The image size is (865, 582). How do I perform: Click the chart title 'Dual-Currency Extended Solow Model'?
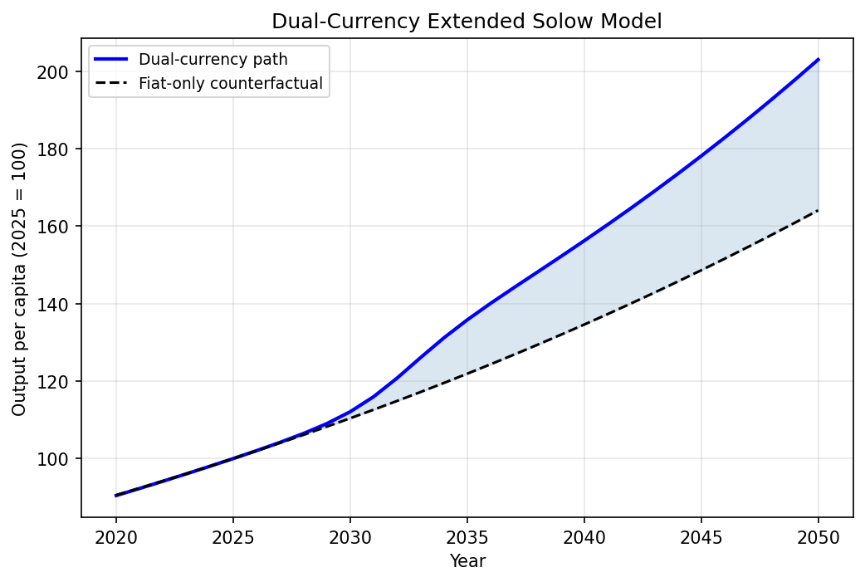click(x=467, y=22)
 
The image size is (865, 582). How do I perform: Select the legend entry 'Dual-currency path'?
click(x=213, y=59)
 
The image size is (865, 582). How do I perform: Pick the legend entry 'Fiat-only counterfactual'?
click(x=231, y=83)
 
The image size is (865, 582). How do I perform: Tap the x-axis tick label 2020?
click(x=116, y=537)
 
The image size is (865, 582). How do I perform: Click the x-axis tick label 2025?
click(x=233, y=537)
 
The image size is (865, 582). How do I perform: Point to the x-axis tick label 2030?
click(x=350, y=537)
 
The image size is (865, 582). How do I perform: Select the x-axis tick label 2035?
click(x=467, y=537)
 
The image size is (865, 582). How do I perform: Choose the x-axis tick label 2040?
click(x=584, y=537)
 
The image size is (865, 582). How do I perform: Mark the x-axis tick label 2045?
click(x=701, y=537)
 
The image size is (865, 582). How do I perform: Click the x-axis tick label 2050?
click(x=819, y=537)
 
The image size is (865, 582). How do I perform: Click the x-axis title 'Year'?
click(x=467, y=561)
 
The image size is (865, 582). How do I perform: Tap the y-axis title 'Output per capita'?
click(x=20, y=279)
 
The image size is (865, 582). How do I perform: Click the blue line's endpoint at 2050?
click(x=819, y=59)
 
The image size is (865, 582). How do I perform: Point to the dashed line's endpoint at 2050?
click(x=819, y=210)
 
